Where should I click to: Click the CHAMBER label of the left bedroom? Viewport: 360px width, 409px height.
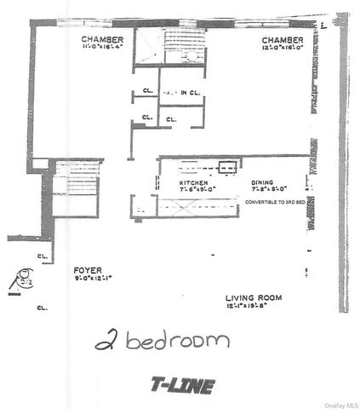tap(103, 40)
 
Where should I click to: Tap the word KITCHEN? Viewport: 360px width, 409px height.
tap(194, 183)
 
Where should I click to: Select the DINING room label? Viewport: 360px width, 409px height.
tap(263, 183)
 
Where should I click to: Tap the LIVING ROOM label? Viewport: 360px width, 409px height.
tap(254, 297)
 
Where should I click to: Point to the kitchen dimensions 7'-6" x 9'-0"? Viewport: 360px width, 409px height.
tap(197, 192)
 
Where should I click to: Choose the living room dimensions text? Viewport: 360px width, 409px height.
tap(254, 305)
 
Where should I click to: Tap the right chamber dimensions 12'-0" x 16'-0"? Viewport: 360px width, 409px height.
tap(283, 49)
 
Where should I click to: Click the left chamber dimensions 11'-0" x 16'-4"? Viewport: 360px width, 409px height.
tap(103, 49)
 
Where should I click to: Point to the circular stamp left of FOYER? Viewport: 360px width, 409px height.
tap(19, 275)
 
